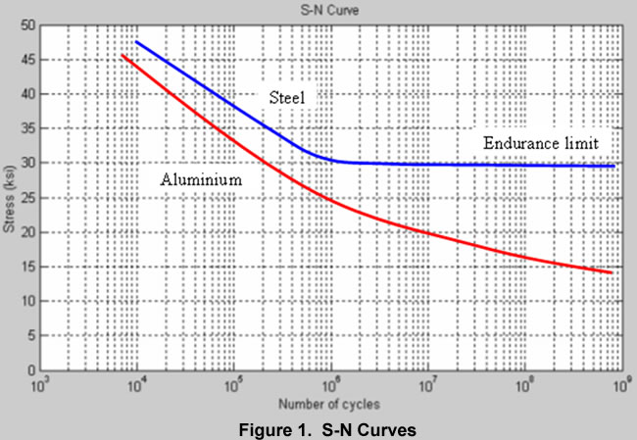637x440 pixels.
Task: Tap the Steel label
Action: click(x=287, y=98)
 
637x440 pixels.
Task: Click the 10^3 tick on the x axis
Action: click(x=42, y=386)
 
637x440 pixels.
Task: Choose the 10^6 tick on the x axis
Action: click(x=331, y=386)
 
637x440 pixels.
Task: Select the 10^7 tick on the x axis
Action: click(x=427, y=386)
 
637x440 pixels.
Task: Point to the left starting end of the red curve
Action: click(x=121, y=56)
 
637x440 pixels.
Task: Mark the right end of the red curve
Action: click(x=612, y=272)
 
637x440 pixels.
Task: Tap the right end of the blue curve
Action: click(x=613, y=167)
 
